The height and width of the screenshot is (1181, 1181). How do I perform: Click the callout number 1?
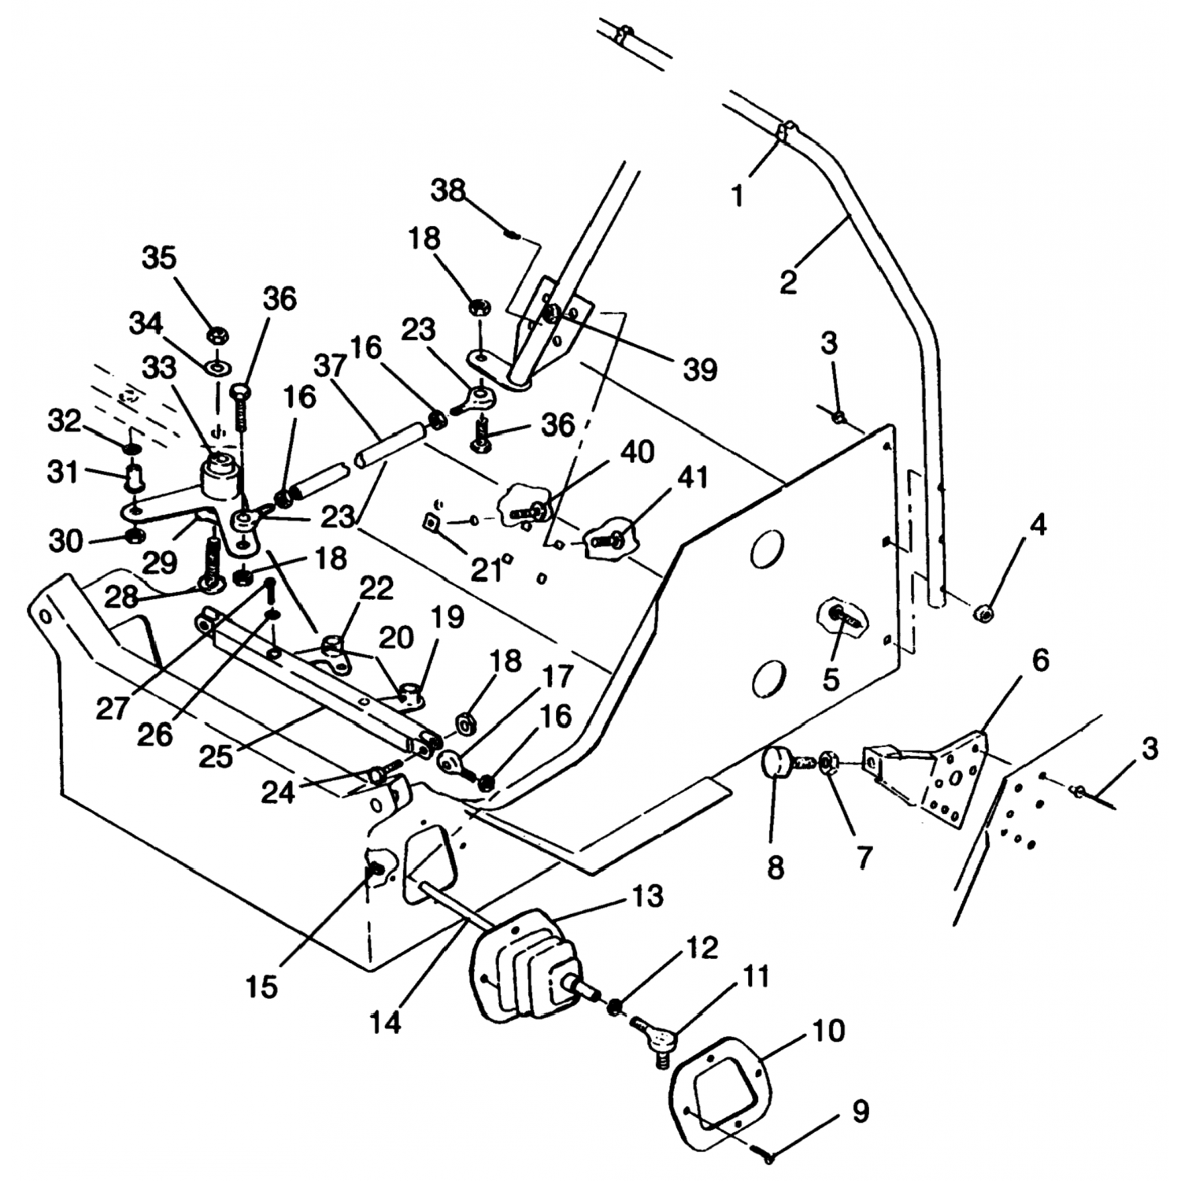737,194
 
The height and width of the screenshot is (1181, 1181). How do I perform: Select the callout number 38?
449,191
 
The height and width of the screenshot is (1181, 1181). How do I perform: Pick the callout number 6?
1039,661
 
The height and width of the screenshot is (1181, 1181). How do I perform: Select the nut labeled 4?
982,612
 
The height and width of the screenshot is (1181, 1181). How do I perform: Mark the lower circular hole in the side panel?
769,676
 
